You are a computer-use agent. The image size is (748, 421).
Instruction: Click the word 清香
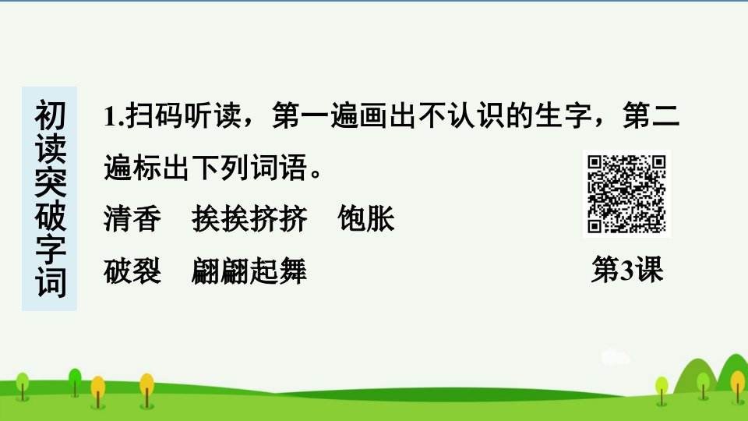(132, 219)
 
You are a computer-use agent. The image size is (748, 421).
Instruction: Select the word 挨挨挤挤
(249, 219)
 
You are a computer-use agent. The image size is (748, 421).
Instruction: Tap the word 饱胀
(366, 219)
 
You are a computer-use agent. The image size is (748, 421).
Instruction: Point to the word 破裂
(132, 271)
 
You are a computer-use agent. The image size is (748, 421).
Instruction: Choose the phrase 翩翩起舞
(249, 271)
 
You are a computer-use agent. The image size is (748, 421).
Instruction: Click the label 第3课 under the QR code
(627, 270)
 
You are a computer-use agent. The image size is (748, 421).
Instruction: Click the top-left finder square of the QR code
(594, 162)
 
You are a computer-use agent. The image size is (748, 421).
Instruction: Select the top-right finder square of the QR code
(659, 162)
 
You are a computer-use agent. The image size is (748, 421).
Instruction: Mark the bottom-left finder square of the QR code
(594, 226)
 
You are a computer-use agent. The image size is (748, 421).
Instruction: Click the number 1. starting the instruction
(114, 116)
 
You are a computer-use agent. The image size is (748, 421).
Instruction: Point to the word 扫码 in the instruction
(154, 115)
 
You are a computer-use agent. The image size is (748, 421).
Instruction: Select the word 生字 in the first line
(563, 115)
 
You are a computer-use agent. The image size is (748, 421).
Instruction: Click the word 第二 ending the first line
(651, 115)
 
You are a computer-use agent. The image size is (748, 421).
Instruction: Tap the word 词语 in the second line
(279, 168)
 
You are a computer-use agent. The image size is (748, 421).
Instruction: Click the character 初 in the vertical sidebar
(50, 115)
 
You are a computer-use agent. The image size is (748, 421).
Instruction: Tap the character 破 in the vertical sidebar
(50, 216)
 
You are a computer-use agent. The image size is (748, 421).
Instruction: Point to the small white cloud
(616, 356)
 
